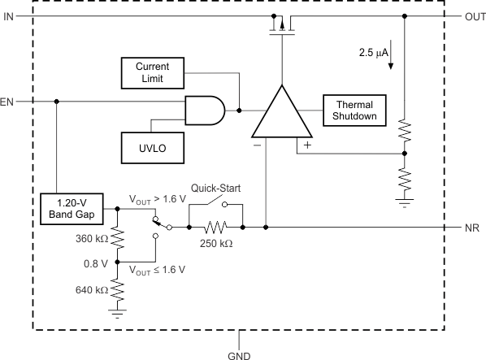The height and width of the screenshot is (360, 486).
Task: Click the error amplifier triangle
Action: [x=281, y=114]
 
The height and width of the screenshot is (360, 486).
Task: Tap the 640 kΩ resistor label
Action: [x=89, y=291]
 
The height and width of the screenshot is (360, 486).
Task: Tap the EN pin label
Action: [x=7, y=102]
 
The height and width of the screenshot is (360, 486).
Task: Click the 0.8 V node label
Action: [x=97, y=263]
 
